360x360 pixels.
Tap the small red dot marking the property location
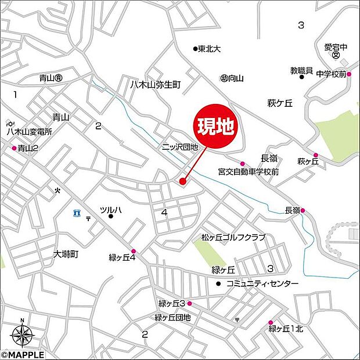[x=182, y=182]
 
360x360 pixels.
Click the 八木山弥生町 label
[x=155, y=85]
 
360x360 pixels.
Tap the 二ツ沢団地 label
[x=180, y=148]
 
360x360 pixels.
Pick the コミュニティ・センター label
[x=262, y=283]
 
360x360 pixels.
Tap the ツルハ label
[x=111, y=210]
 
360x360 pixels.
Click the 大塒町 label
[x=66, y=254]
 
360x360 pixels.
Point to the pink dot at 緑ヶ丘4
[x=134, y=251]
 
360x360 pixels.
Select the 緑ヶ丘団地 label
[x=172, y=318]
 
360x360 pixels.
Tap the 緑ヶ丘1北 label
[x=286, y=329]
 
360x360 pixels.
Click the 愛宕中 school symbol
[x=336, y=56]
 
